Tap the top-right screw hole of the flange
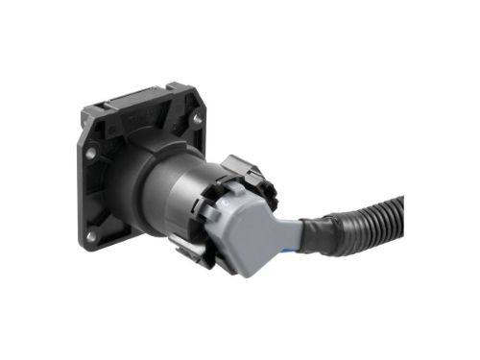[x=197, y=120]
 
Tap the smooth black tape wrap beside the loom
[x=320, y=235]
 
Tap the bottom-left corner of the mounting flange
[x=84, y=244]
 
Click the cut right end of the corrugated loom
[x=399, y=207]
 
